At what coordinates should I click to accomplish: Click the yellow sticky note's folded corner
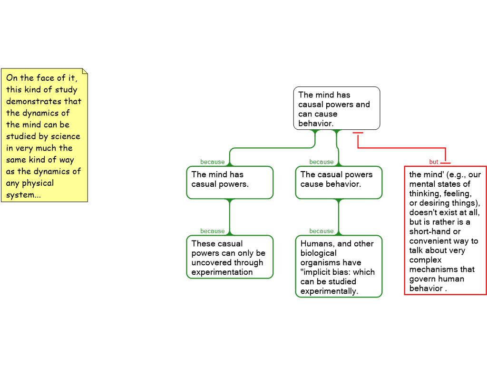85,71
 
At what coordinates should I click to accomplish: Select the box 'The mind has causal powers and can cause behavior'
336,108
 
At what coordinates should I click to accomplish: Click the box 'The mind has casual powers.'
230,182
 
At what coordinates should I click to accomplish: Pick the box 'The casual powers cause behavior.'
339,182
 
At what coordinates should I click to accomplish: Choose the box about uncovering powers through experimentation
230,257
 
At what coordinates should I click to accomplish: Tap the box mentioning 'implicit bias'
339,267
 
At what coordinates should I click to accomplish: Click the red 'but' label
433,162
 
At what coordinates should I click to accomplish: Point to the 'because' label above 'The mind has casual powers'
212,162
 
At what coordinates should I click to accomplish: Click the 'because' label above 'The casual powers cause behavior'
321,162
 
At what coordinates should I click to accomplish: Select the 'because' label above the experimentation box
212,231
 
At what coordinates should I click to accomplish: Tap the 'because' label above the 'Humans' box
321,231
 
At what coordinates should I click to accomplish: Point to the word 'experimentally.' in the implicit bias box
329,291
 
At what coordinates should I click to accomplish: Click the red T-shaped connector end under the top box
358,134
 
